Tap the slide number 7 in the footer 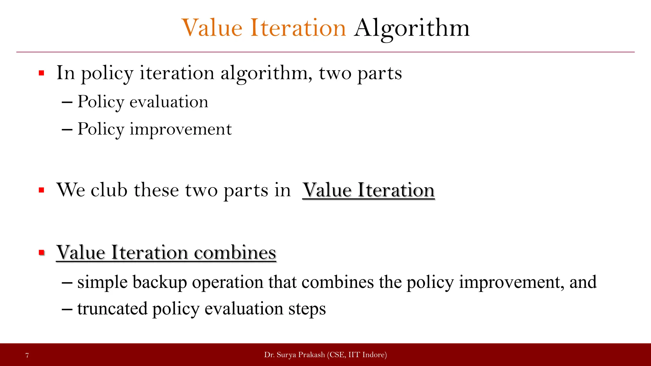pyautogui.click(x=27, y=355)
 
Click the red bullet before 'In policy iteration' pyautogui.click(x=41, y=73)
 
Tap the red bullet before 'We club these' pyautogui.click(x=41, y=190)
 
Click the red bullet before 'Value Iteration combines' pyautogui.click(x=41, y=253)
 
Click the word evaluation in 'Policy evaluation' pyautogui.click(x=169, y=102)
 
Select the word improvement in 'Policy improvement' pyautogui.click(x=181, y=129)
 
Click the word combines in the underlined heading pyautogui.click(x=235, y=253)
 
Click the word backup pyautogui.click(x=160, y=282)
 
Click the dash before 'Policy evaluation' pyautogui.click(x=67, y=102)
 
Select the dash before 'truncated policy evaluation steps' pyautogui.click(x=67, y=309)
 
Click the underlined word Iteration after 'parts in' pyautogui.click(x=396, y=190)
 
